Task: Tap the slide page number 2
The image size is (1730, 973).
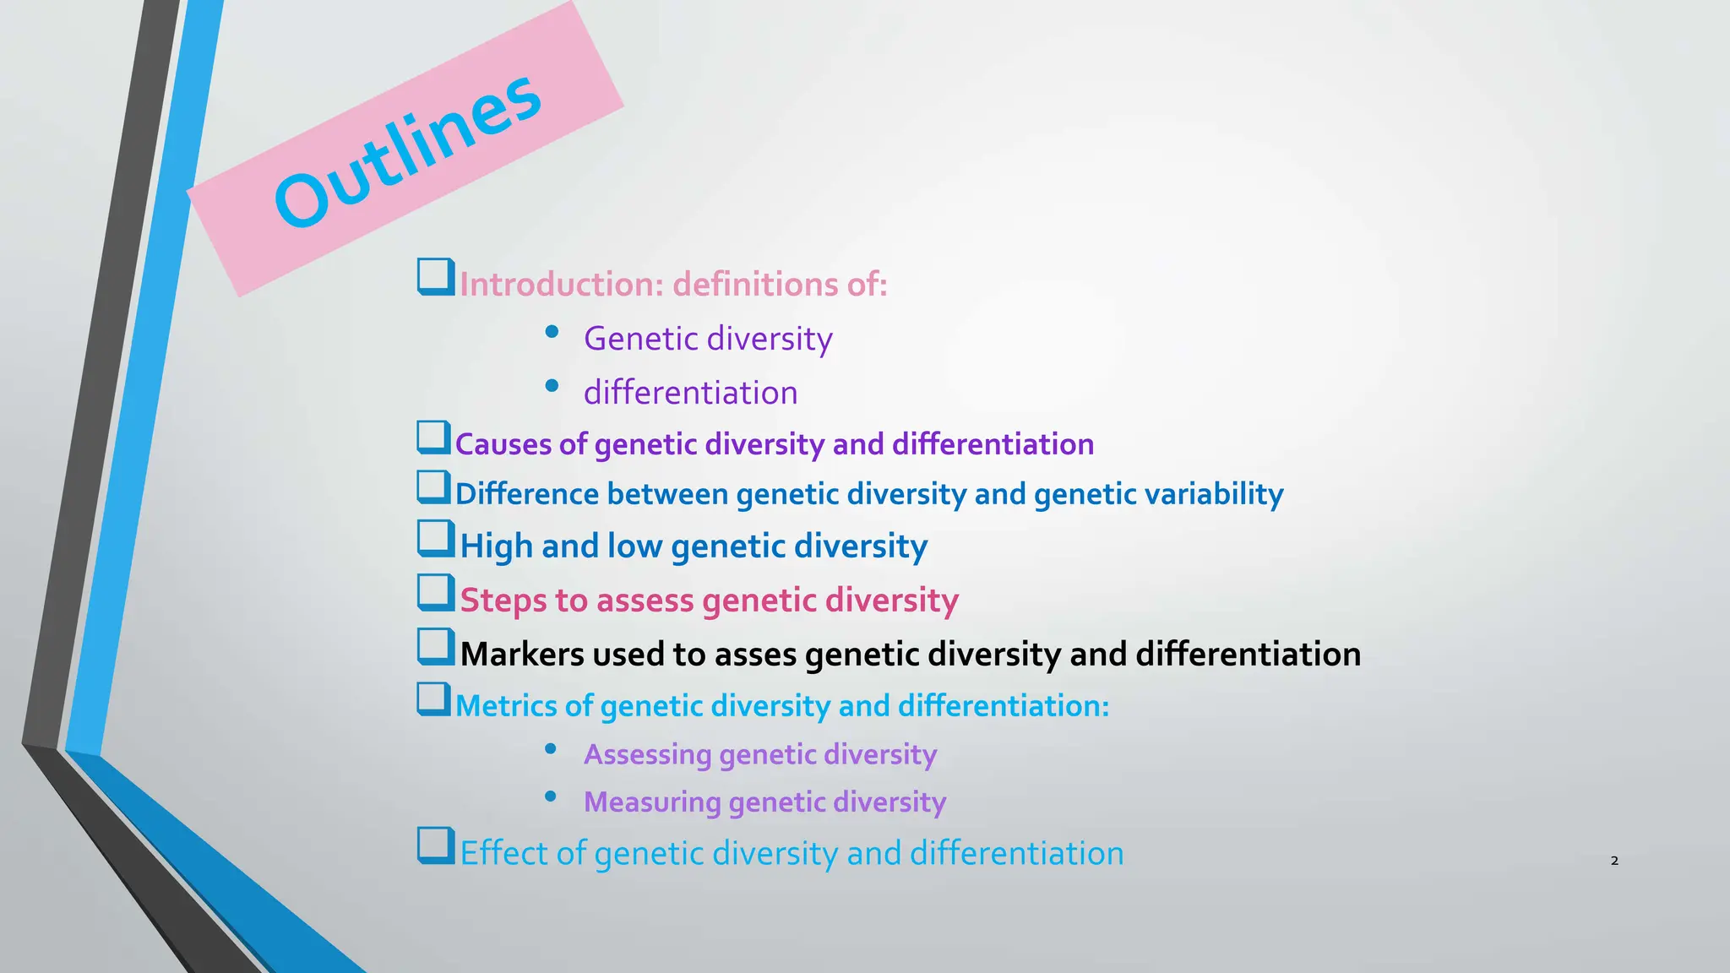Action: point(1614,861)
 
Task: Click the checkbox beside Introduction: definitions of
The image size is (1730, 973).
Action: point(436,276)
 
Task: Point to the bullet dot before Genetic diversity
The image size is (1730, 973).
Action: point(552,332)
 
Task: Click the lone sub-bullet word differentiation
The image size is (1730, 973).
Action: point(690,393)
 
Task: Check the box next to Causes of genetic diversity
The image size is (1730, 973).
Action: point(434,438)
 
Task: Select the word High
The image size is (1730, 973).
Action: point(496,546)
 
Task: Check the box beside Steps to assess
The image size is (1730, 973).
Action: point(436,593)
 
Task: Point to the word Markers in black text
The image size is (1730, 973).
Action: point(522,655)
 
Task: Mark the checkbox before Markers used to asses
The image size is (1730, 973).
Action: point(436,647)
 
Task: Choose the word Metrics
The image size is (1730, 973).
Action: point(505,706)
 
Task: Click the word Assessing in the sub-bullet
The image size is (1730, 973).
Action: point(647,754)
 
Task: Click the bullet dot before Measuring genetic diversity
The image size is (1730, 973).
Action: point(551,796)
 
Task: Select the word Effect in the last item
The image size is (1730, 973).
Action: point(505,853)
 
